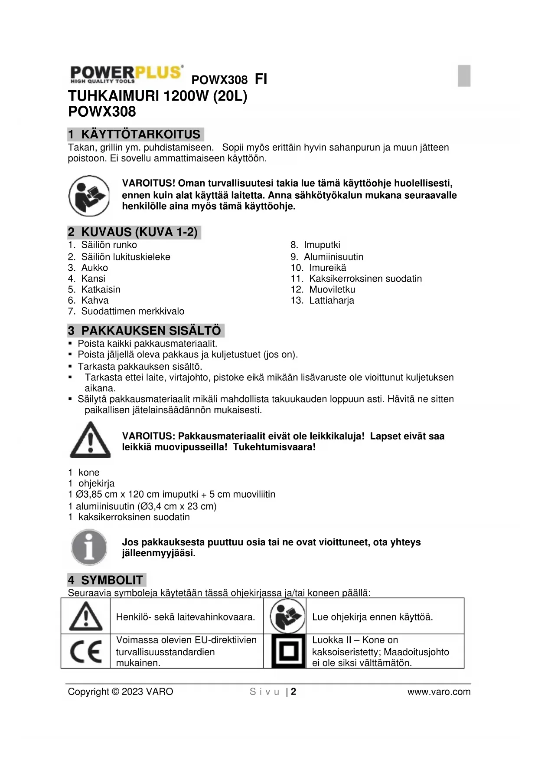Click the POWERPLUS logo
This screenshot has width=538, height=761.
[126, 75]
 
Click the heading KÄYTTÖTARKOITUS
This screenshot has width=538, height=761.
[140, 134]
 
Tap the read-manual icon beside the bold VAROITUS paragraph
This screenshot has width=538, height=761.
[89, 196]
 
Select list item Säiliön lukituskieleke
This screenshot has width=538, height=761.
[126, 257]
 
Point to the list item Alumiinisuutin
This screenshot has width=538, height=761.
[333, 257]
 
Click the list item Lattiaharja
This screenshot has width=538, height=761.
[331, 300]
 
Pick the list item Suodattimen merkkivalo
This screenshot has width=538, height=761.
[132, 311]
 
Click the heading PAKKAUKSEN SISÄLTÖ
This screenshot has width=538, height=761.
[150, 331]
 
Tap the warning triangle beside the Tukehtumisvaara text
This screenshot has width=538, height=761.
[90, 441]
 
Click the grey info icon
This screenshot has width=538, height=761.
[89, 547]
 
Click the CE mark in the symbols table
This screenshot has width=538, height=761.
[86, 652]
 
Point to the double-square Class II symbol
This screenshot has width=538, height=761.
[288, 651]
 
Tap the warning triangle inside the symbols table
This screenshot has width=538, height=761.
[86, 617]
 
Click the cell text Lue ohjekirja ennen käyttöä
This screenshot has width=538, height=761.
[372, 617]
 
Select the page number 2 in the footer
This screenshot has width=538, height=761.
[293, 692]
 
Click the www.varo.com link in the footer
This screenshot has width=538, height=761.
[439, 692]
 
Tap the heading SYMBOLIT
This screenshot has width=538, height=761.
[112, 580]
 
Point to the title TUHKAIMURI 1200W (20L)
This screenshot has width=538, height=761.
[158, 96]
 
